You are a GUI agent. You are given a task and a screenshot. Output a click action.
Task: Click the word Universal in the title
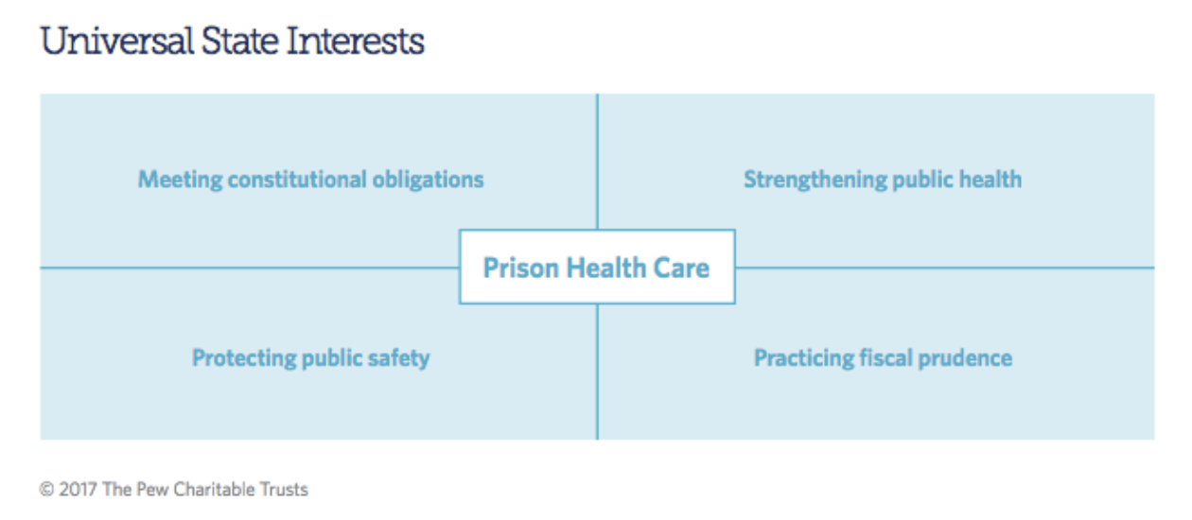117,41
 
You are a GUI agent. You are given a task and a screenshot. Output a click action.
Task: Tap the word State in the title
240,41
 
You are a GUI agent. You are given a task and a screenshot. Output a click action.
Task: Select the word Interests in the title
356,41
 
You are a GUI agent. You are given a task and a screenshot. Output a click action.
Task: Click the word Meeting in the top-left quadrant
181,180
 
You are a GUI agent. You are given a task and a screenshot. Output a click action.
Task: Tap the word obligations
429,180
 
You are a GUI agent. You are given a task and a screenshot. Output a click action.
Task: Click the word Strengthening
815,180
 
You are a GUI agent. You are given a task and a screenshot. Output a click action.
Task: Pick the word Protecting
244,358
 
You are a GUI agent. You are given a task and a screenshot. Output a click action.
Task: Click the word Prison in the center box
521,268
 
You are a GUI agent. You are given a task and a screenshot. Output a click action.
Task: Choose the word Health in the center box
606,268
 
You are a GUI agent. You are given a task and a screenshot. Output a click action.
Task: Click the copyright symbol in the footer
47,489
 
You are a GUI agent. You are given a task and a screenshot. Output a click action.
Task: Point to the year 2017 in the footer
78,489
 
